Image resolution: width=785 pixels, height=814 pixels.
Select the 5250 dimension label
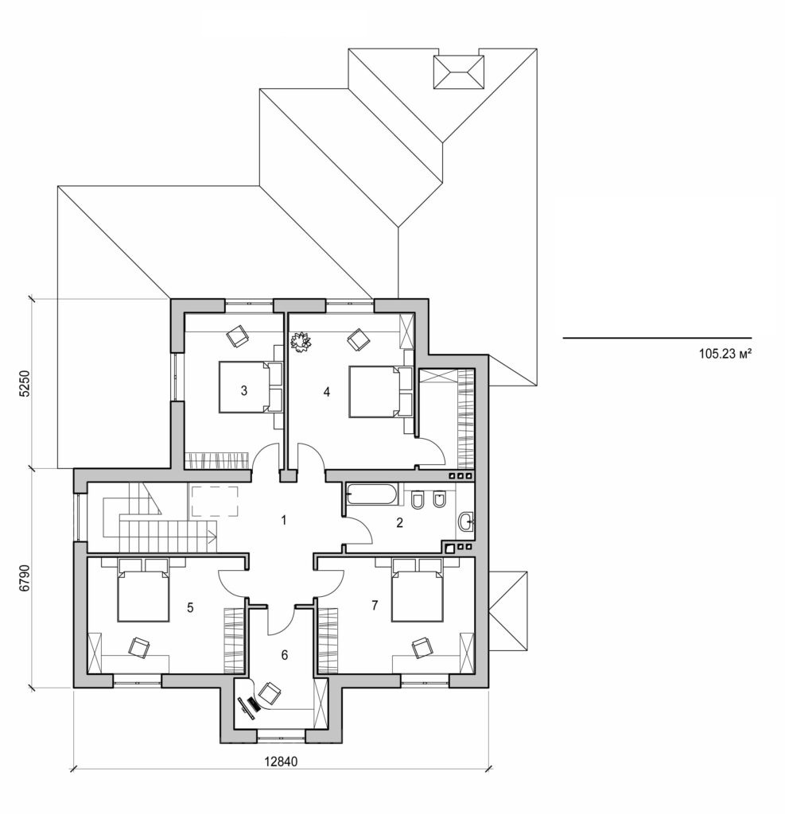(x=25, y=384)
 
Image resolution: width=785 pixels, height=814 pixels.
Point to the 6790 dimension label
(x=25, y=578)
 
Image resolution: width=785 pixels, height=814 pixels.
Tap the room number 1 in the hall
(x=282, y=521)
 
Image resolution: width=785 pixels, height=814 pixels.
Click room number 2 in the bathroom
(x=400, y=522)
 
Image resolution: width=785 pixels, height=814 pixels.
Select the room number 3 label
(x=243, y=390)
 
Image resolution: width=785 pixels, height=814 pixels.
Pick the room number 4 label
(x=325, y=391)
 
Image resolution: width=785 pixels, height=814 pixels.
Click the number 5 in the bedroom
(x=189, y=607)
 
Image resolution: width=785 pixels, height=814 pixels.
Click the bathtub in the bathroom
(x=372, y=494)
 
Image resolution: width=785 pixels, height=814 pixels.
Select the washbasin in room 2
(x=466, y=521)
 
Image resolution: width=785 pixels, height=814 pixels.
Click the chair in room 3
(x=237, y=336)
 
